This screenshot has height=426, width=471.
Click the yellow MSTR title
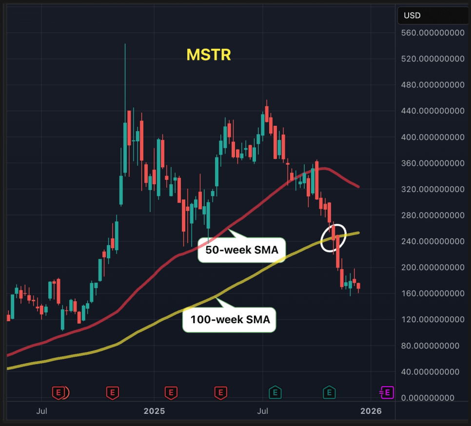coord(208,55)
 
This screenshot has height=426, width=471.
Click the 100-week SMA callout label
coord(230,320)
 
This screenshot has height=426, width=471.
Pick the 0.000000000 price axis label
coord(432,398)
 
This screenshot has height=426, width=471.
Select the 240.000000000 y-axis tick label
coord(432,241)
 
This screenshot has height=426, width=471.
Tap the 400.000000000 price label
coord(432,137)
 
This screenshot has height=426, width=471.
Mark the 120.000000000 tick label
coord(432,319)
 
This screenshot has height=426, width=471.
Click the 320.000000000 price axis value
coord(432,189)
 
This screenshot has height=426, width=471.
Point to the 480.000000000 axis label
coord(432,85)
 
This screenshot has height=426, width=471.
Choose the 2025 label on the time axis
coord(154,411)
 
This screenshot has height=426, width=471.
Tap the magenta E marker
coord(387,392)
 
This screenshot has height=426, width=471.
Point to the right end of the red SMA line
coord(359,187)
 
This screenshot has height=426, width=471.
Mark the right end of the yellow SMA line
coord(359,232)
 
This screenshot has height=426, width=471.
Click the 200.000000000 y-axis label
coord(432,267)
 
